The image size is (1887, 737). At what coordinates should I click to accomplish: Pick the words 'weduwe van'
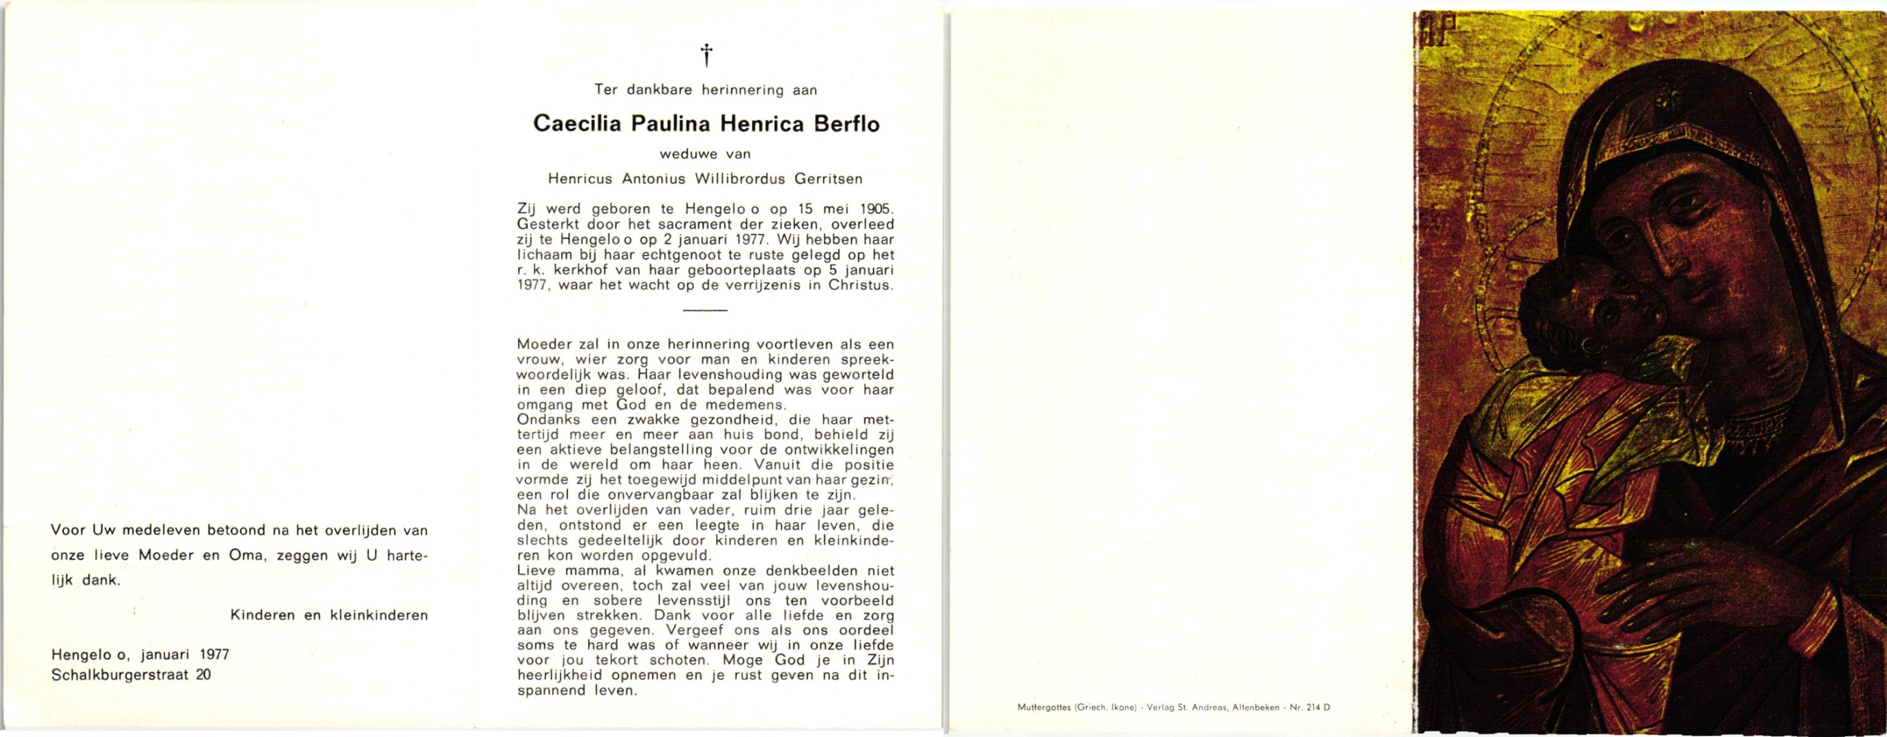[705, 154]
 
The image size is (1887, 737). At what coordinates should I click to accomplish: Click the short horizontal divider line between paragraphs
[705, 311]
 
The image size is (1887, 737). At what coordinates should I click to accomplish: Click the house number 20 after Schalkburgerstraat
[203, 676]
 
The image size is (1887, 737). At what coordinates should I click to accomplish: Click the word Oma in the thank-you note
[246, 555]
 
